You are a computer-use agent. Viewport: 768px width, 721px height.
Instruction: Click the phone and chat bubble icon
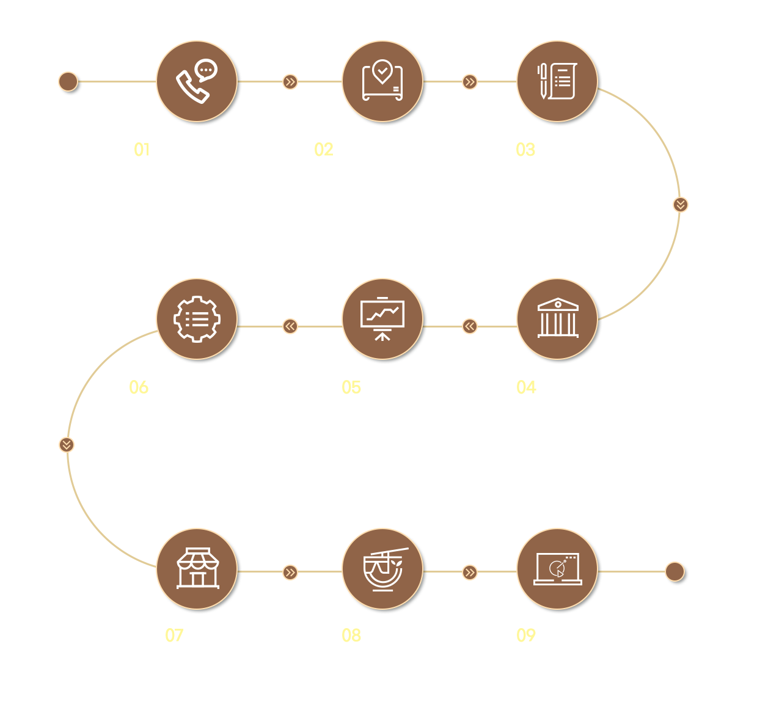point(197,81)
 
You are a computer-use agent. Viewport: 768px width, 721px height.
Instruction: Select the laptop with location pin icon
point(382,80)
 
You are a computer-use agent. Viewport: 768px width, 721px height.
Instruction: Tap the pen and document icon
point(557,81)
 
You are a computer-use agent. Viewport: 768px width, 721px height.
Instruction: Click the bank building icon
point(558,318)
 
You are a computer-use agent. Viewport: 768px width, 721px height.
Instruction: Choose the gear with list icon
point(197,319)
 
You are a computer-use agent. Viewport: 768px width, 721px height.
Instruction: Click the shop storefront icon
point(197,568)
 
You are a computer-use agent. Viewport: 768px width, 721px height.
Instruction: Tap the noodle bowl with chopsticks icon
point(384,569)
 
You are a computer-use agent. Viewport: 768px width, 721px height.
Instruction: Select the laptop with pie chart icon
point(558,569)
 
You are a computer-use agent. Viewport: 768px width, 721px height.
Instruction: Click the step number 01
point(142,149)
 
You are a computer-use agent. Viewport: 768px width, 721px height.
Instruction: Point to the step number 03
point(525,149)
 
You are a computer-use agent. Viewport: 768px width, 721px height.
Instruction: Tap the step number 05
point(351,387)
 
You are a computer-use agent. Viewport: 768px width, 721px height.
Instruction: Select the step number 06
point(139,387)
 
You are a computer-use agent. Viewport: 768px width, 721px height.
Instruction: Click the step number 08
point(351,635)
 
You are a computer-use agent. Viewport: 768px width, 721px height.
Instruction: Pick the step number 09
point(526,635)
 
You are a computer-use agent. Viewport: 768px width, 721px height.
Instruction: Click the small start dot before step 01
point(68,82)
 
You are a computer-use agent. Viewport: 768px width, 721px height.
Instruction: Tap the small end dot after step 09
point(675,572)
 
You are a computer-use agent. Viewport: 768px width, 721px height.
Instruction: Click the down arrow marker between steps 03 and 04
point(681,205)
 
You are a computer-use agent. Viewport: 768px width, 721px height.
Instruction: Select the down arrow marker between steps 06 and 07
point(67,445)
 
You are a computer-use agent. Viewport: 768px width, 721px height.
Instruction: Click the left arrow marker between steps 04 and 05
point(469,326)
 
